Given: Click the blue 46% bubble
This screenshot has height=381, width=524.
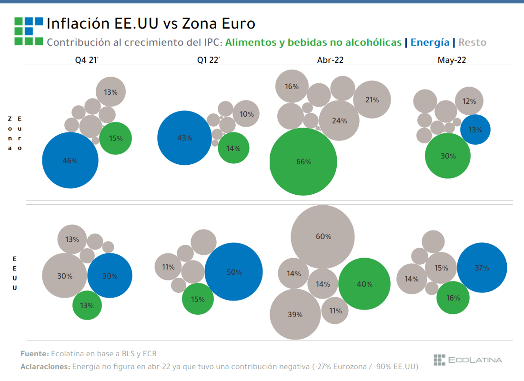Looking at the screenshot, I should pyautogui.click(x=70, y=161).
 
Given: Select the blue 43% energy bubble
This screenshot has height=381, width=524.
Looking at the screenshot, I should pyautogui.click(x=184, y=138).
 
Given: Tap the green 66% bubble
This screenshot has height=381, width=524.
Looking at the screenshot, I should pyautogui.click(x=303, y=162).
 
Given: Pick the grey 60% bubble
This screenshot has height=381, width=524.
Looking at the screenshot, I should pyautogui.click(x=323, y=236).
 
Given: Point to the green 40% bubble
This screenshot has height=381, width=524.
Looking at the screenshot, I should pyautogui.click(x=364, y=284).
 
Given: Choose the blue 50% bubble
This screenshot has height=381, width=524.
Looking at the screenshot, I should pyautogui.click(x=234, y=272).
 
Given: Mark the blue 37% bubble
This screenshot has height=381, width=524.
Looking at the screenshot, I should pyautogui.click(x=482, y=268).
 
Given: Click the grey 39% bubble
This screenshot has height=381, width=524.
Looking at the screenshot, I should pyautogui.click(x=295, y=314).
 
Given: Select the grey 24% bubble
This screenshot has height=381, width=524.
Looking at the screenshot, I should pyautogui.click(x=339, y=121).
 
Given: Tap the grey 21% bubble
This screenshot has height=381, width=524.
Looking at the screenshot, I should pyautogui.click(x=372, y=100).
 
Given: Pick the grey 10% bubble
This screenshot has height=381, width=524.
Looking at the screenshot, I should pyautogui.click(x=246, y=114).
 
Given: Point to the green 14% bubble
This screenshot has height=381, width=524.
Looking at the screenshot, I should pyautogui.click(x=233, y=148).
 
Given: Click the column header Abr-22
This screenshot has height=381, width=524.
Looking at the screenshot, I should pyautogui.click(x=330, y=60).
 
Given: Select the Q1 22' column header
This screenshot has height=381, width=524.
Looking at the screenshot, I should pyautogui.click(x=208, y=60).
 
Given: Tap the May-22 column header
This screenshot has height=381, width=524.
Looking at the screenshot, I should pyautogui.click(x=452, y=60).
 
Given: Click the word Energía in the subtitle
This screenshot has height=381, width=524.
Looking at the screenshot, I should pyautogui.click(x=430, y=42).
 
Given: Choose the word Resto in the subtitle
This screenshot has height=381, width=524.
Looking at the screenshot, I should pyautogui.click(x=472, y=42).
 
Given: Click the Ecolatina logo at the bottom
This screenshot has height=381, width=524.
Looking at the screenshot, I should pyautogui.click(x=468, y=360).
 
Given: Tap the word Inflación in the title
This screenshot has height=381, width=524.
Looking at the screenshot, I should pyautogui.click(x=78, y=24).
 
